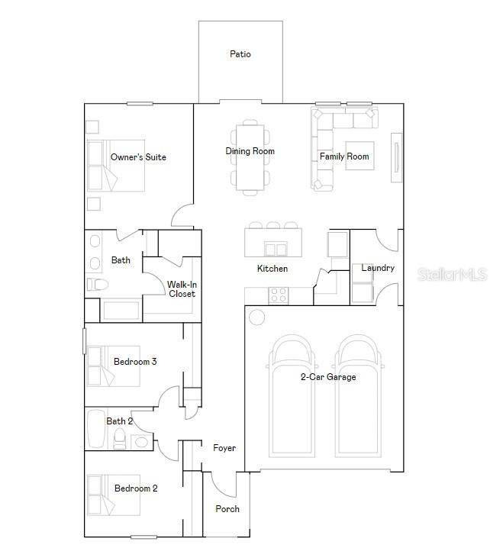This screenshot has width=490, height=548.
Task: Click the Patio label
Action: pyautogui.click(x=240, y=54)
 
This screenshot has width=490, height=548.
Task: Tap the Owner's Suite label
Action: pyautogui.click(x=138, y=157)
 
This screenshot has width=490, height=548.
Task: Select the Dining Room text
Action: pyautogui.click(x=250, y=151)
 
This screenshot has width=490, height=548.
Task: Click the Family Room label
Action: pyautogui.click(x=344, y=156)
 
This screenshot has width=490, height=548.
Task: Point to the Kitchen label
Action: pyautogui.click(x=272, y=269)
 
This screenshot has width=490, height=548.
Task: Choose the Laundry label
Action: pyautogui.click(x=378, y=268)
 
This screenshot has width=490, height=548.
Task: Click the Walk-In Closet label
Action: pyautogui.click(x=182, y=289)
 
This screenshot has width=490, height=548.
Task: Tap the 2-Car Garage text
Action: pyautogui.click(x=327, y=376)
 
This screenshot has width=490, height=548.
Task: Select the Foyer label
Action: pyautogui.click(x=224, y=448)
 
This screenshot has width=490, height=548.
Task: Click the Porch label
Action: pyautogui.click(x=227, y=508)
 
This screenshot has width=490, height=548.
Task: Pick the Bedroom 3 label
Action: pyautogui.click(x=135, y=361)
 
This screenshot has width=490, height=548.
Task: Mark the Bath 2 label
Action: pyautogui.click(x=120, y=421)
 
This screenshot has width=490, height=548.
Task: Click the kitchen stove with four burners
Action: pyautogui.click(x=278, y=294)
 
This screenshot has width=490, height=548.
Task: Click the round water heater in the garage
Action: pyautogui.click(x=257, y=317)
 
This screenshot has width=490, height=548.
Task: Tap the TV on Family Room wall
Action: pyautogui.click(x=396, y=158)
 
